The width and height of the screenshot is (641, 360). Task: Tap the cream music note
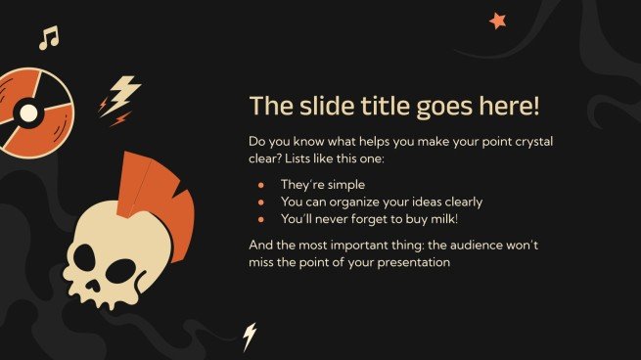(49, 38)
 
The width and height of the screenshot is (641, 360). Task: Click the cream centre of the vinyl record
(29, 112)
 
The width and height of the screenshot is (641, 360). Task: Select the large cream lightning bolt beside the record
(121, 94)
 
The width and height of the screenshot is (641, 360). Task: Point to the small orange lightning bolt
(119, 119)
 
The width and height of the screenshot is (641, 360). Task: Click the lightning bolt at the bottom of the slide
(250, 336)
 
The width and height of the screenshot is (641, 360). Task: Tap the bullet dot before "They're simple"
(260, 184)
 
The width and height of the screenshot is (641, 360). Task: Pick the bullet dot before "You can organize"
(260, 202)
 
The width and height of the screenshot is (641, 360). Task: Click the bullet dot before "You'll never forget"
(260, 218)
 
